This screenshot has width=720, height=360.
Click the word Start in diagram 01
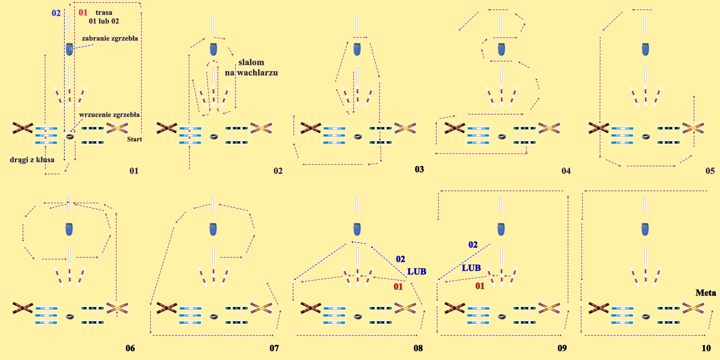[134, 139]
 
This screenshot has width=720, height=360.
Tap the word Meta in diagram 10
[706, 293]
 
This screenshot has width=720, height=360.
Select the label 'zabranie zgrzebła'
[110, 39]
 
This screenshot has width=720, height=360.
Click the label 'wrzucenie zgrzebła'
[109, 115]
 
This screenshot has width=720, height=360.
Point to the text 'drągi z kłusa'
[32, 159]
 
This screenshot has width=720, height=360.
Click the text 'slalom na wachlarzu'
[251, 67]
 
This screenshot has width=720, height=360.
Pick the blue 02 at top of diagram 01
[56, 13]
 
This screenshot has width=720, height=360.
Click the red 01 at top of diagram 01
[83, 13]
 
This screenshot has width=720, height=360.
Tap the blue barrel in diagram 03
[357, 49]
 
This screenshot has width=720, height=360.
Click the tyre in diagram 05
[646, 137]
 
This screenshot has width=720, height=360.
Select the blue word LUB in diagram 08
[417, 271]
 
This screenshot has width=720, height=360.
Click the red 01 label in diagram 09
[480, 286]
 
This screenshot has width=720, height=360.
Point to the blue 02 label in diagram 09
[473, 245]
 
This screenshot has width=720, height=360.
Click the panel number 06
[130, 348]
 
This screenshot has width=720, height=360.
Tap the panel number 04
[566, 171]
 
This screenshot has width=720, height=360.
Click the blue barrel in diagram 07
[213, 229]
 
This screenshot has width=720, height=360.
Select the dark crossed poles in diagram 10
[599, 308]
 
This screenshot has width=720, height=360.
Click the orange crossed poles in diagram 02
[261, 128]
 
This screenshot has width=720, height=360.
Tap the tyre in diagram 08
[358, 316]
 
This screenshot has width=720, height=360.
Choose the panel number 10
[706, 348]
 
